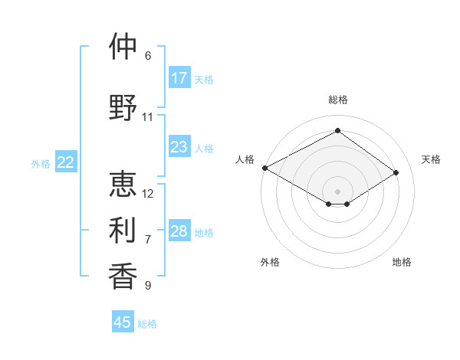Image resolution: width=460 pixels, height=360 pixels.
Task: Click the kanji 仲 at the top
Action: tap(123, 47)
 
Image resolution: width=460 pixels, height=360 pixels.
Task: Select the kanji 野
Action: tap(123, 107)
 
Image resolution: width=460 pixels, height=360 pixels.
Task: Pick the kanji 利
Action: tap(123, 229)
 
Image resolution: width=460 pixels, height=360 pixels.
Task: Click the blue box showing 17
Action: tap(179, 78)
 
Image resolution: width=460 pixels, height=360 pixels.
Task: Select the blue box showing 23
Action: tap(179, 147)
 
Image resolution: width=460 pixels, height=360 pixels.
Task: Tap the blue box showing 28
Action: tap(179, 231)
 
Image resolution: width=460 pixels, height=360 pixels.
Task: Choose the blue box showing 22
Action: tap(66, 162)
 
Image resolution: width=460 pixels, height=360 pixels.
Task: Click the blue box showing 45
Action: tap(123, 322)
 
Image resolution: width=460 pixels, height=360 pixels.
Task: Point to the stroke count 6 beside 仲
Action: tap(148, 56)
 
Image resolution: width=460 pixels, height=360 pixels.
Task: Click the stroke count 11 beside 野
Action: tap(148, 117)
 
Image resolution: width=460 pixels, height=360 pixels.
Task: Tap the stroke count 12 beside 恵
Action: tap(148, 193)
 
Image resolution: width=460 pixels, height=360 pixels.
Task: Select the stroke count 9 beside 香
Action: tap(148, 286)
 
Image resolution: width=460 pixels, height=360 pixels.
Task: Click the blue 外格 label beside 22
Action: tap(41, 163)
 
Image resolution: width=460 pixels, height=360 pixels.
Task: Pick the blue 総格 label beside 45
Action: tap(147, 324)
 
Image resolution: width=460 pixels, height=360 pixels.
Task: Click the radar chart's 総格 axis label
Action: tap(337, 100)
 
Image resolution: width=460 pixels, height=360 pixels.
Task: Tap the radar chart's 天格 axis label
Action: tap(432, 159)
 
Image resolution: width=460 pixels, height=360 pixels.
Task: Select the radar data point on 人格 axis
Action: tap(264, 168)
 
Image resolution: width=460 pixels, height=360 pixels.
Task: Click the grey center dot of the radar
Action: tap(337, 191)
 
